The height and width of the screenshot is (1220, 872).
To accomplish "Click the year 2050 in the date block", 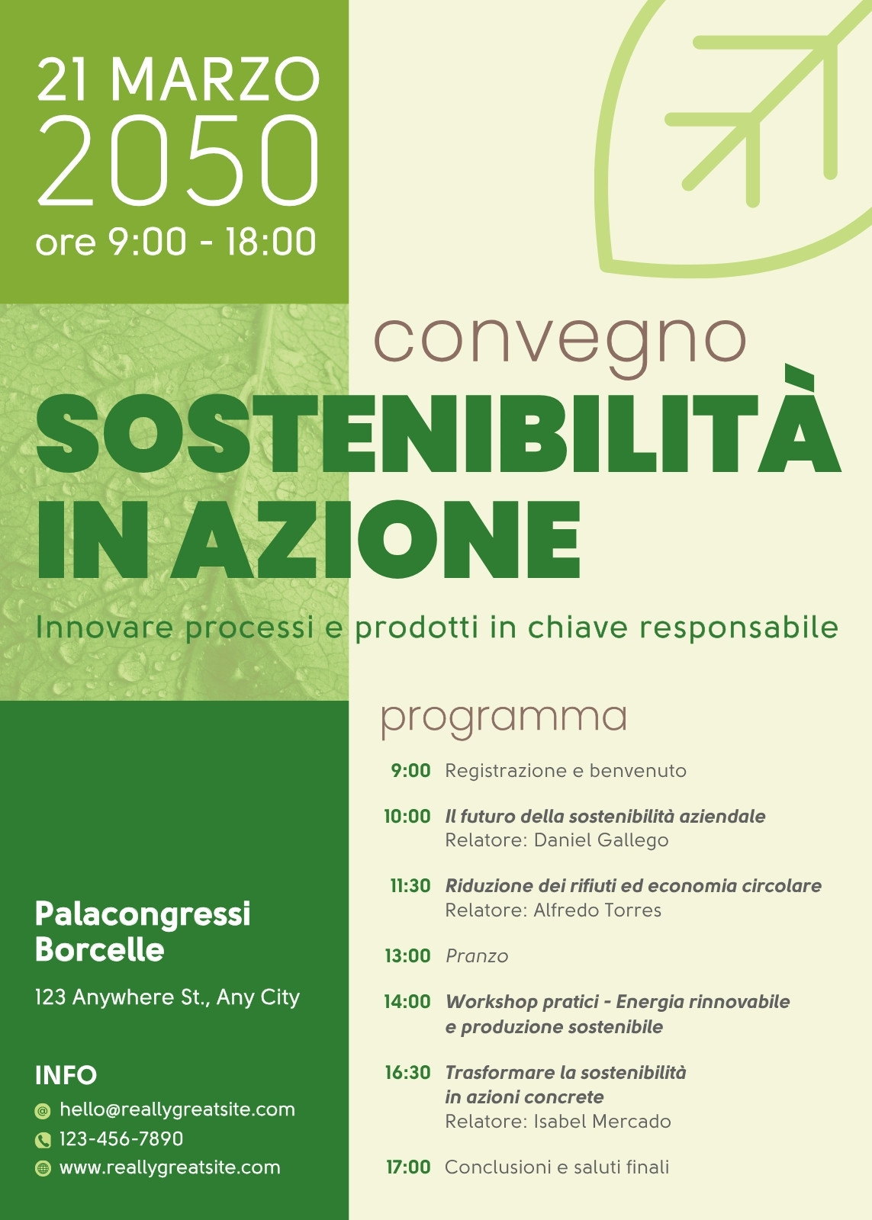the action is [177, 161].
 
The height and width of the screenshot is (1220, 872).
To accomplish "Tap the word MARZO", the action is [215, 79].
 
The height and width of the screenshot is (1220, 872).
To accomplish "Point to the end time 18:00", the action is [271, 241].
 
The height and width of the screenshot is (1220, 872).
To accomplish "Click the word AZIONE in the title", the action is [376, 540].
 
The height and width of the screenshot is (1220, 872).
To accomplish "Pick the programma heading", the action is [504, 720].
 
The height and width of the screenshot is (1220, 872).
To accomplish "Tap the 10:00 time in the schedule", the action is [407, 816].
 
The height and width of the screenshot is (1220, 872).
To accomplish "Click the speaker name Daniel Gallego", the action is [601, 840].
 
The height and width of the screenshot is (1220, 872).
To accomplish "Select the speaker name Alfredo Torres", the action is [597, 910].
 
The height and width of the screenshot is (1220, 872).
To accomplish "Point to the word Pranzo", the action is [477, 956].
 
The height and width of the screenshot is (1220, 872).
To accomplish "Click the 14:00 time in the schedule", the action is [407, 1001].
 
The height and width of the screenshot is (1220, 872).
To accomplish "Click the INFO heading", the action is [66, 1075].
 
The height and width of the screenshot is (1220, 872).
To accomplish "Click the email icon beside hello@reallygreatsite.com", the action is [43, 1111].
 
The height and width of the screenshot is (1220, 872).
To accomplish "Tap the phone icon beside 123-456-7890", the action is [43, 1140].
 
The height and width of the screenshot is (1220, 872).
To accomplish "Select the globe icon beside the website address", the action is [43, 1168].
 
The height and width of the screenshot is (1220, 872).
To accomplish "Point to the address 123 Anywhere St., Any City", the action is [167, 997].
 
